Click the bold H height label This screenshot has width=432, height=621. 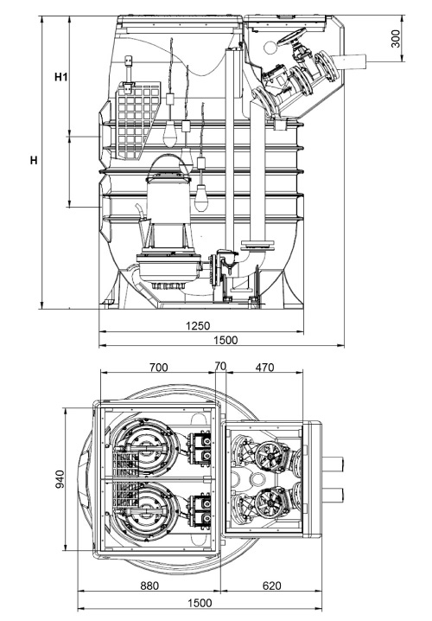[x=34, y=162]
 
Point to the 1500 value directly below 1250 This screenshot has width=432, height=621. [x=223, y=340]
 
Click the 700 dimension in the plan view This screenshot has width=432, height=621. [x=158, y=367]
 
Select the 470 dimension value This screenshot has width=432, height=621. [x=264, y=367]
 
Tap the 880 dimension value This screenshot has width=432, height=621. [x=149, y=586]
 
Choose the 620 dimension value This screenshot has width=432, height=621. [x=271, y=586]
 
